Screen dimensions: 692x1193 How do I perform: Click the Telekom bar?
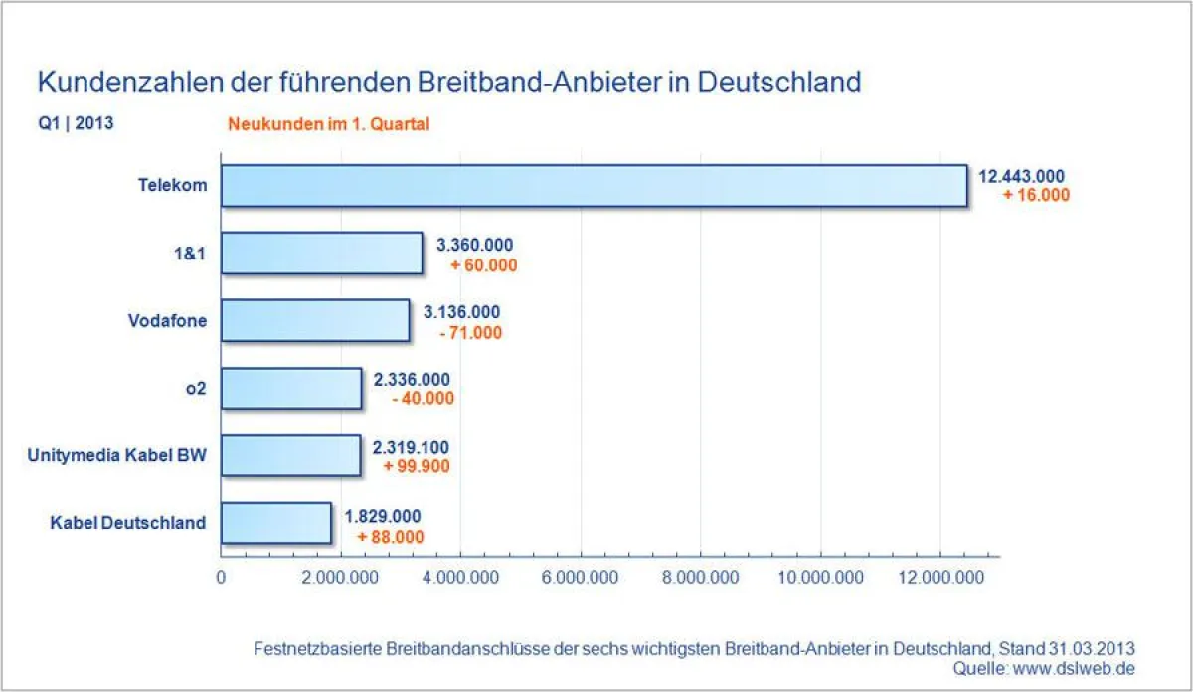coord(594,186)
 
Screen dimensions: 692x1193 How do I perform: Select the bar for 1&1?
coord(321,253)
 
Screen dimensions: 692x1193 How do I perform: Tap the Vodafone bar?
coord(314,320)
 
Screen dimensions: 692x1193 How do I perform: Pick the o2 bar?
coord(290,388)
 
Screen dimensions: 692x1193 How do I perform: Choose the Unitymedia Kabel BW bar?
coord(289,455)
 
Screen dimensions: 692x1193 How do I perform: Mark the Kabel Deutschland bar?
coord(275,523)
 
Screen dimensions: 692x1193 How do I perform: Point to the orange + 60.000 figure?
coord(483,265)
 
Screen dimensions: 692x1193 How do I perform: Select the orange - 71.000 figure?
coord(470,332)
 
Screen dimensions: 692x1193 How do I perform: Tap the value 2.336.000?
coord(412,379)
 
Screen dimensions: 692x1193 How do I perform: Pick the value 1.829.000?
coord(383,516)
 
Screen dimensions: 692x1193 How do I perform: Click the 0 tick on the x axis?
coord(221,578)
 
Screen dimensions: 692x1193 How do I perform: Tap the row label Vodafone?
coord(168,320)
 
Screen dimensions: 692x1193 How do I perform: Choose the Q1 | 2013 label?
coord(76,124)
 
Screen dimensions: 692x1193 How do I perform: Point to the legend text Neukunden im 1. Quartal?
coord(328,125)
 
